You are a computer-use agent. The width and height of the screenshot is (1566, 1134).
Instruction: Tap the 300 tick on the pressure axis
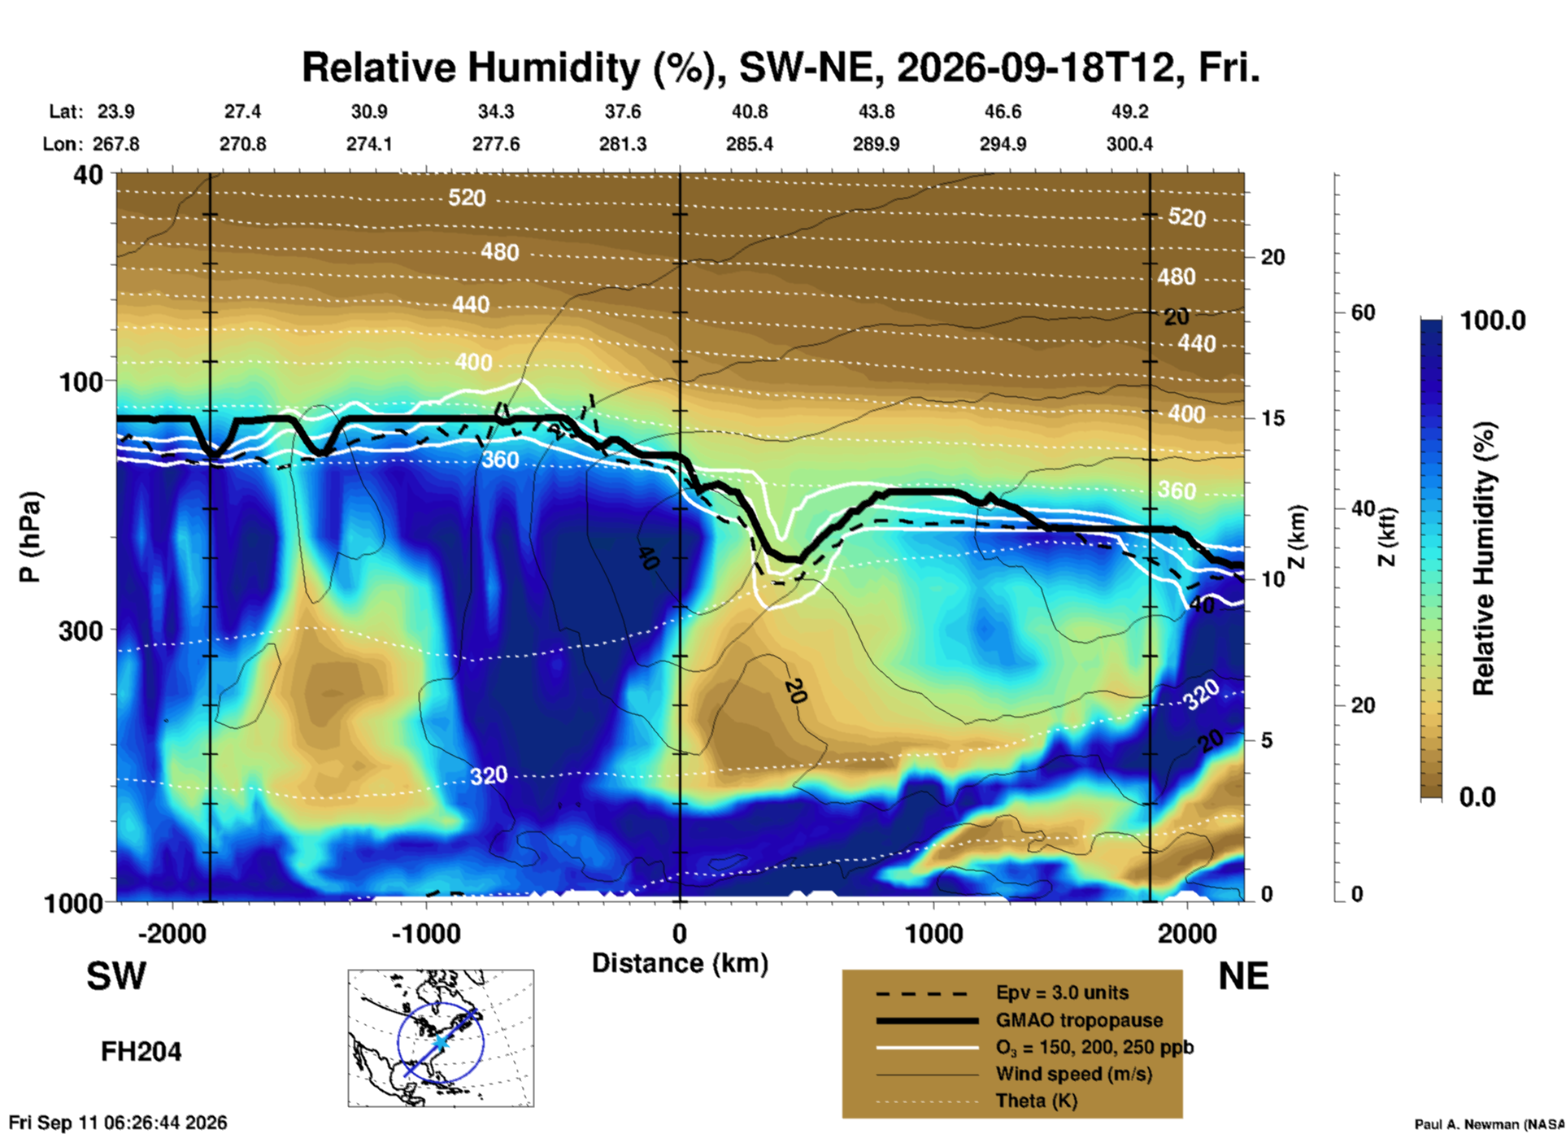click(81, 630)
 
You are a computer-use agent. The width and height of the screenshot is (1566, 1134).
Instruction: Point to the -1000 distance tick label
click(426, 933)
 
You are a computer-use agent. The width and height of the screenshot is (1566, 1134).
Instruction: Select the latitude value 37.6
click(623, 111)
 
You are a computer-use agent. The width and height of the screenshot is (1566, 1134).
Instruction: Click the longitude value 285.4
click(750, 144)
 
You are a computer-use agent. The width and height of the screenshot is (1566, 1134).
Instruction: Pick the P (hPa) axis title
click(30, 537)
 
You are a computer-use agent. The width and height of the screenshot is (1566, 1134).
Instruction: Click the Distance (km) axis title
click(680, 963)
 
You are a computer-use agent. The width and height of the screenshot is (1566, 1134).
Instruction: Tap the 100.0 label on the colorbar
click(1493, 321)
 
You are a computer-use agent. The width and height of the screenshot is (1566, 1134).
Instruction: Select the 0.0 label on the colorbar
click(1477, 796)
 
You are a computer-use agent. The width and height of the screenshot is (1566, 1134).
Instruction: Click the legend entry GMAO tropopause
click(1079, 1020)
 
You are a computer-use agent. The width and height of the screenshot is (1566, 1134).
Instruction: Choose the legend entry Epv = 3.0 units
click(1062, 993)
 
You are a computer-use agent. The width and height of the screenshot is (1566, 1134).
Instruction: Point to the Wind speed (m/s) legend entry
click(1073, 1074)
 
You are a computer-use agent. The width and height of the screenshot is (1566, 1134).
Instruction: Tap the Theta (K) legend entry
click(1036, 1101)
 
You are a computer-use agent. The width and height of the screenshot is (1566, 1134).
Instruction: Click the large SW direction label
click(116, 976)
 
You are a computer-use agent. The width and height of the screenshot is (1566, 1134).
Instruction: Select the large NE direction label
click(1243, 976)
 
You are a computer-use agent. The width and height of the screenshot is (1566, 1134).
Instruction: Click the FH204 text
click(141, 1052)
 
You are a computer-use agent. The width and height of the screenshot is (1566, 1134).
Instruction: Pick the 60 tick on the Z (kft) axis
click(1364, 312)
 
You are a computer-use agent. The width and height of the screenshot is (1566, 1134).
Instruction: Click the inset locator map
click(441, 1038)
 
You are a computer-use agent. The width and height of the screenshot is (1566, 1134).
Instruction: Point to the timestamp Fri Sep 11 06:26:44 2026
click(118, 1123)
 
